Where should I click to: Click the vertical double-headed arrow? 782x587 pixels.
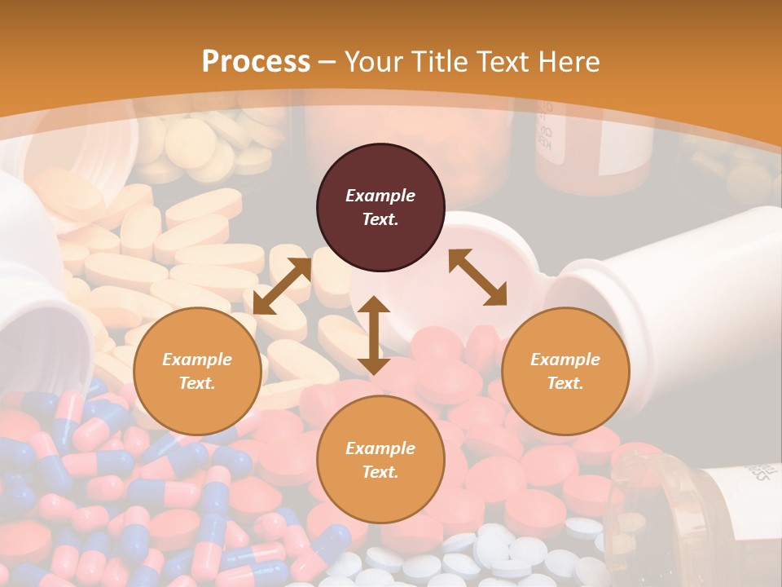tap(374, 335)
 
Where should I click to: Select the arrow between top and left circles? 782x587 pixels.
tap(282, 286)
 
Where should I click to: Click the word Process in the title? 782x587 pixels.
tap(256, 62)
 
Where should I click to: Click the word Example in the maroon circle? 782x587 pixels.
tap(380, 196)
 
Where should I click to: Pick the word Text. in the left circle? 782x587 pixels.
tap(197, 383)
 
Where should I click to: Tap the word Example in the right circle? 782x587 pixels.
tap(565, 360)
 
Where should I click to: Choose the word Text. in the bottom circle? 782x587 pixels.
tap(380, 472)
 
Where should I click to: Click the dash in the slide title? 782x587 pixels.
tap(327, 62)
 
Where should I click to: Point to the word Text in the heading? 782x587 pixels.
tap(504, 62)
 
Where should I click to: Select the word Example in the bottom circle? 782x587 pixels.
tap(380, 448)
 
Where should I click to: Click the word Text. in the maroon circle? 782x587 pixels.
tap(380, 219)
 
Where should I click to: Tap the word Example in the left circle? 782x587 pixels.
tap(197, 360)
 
